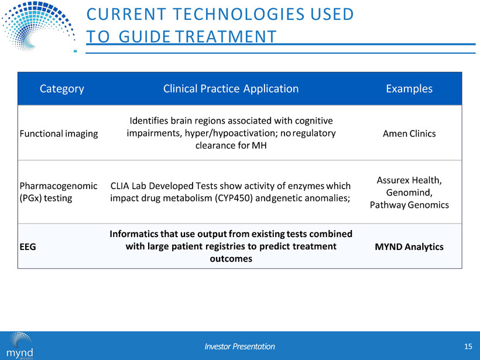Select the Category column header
(x=61, y=89)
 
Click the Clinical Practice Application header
(x=231, y=89)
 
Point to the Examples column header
(x=409, y=89)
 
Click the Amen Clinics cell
(x=409, y=134)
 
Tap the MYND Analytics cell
(x=409, y=247)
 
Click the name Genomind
(x=409, y=193)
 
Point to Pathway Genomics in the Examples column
(x=409, y=205)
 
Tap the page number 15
(x=467, y=347)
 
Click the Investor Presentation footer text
(x=239, y=347)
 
